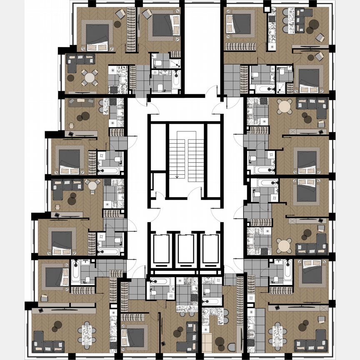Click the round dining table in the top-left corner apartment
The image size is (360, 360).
click(89, 77)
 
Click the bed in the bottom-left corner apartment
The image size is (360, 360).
click(54, 277)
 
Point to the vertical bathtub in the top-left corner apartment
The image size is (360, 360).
click(176, 81)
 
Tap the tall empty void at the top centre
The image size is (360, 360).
click(202, 46)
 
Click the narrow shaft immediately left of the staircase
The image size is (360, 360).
click(158, 146)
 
